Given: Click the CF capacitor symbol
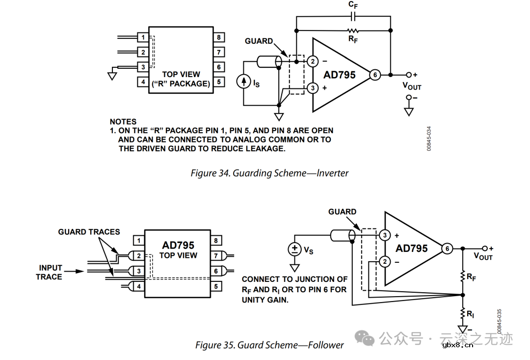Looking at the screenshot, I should (x=353, y=16).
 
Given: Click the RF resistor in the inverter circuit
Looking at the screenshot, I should (x=353, y=30).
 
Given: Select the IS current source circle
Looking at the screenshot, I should (x=244, y=82).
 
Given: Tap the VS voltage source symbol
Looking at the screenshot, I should (x=294, y=249).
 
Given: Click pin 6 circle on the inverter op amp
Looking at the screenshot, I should (x=375, y=75).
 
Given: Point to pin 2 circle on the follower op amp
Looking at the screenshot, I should (x=385, y=262).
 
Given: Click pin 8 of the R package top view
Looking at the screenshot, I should (x=219, y=37).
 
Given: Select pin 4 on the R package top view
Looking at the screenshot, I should (x=143, y=82).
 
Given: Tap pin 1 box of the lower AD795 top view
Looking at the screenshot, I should (x=139, y=241).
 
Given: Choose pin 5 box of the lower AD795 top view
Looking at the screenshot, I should (x=216, y=286).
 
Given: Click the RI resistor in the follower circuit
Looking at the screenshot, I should (x=462, y=312).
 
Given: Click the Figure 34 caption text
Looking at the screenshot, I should (x=269, y=173).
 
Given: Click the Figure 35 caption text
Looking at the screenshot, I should (x=269, y=345).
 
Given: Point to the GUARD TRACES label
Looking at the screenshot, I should (x=89, y=232).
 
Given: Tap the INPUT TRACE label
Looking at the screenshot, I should (x=50, y=272).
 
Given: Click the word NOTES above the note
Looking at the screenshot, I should (x=123, y=121).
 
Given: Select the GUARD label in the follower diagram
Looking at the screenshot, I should (x=342, y=212).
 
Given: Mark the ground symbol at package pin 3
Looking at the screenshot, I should (x=112, y=75).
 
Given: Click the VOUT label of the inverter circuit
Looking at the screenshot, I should (x=412, y=86).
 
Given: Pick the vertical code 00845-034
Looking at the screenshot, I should (x=429, y=138).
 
